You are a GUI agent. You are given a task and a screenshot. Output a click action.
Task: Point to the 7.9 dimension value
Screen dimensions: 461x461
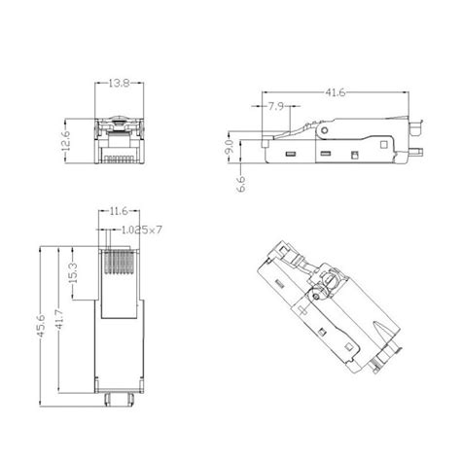[274, 106]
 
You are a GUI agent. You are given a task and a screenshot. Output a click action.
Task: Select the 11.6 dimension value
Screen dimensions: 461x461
[117, 210]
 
